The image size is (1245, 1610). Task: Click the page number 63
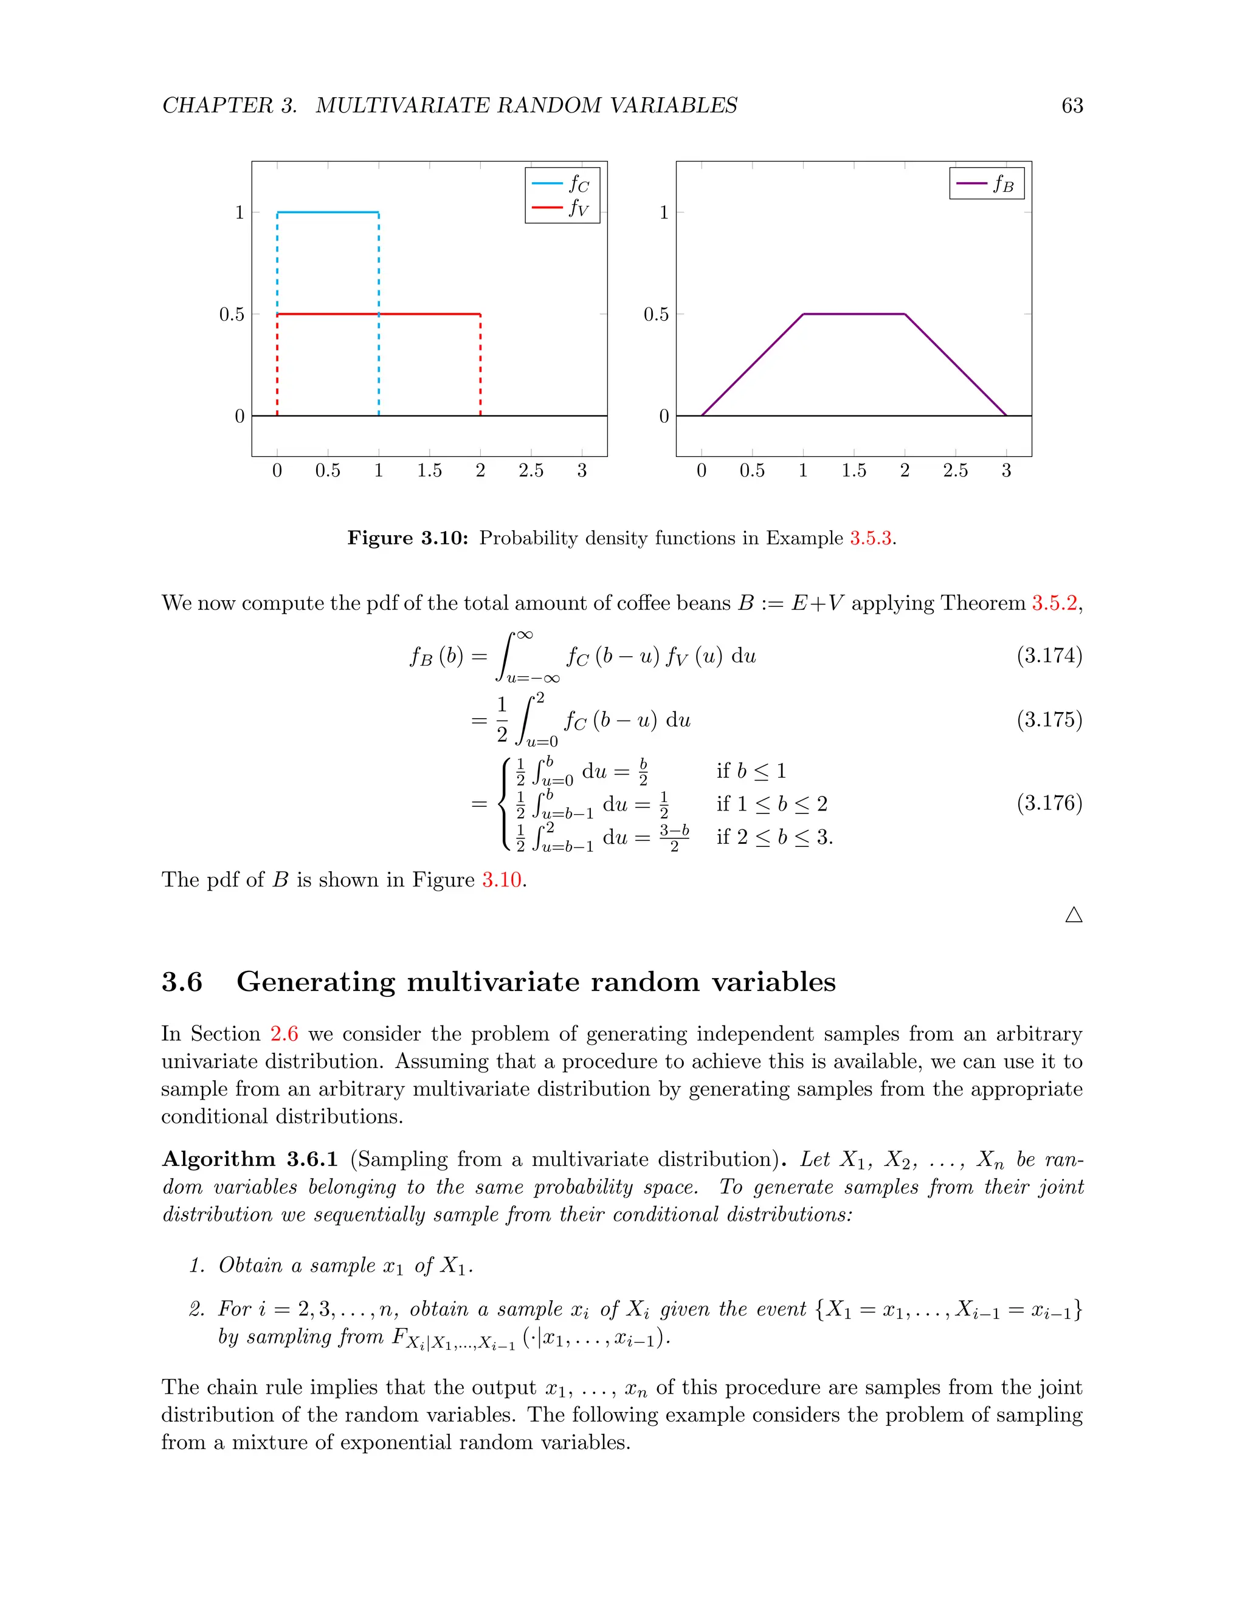[1072, 106]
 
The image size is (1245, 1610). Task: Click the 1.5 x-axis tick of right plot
[854, 470]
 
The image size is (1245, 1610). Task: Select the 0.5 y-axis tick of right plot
[656, 315]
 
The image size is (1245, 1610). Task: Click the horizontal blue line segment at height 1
[328, 212]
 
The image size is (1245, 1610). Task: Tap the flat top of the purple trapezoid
[854, 314]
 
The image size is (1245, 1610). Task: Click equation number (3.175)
[1049, 719]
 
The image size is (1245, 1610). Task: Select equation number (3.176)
[1049, 803]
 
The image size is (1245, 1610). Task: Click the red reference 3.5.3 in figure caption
[871, 538]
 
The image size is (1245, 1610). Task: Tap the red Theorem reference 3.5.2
[1054, 603]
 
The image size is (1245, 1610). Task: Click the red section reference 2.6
[284, 1033]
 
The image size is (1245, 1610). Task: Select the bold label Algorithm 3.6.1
[249, 1159]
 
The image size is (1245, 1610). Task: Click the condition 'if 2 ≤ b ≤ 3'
[774, 837]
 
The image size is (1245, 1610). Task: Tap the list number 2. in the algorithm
[196, 1309]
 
